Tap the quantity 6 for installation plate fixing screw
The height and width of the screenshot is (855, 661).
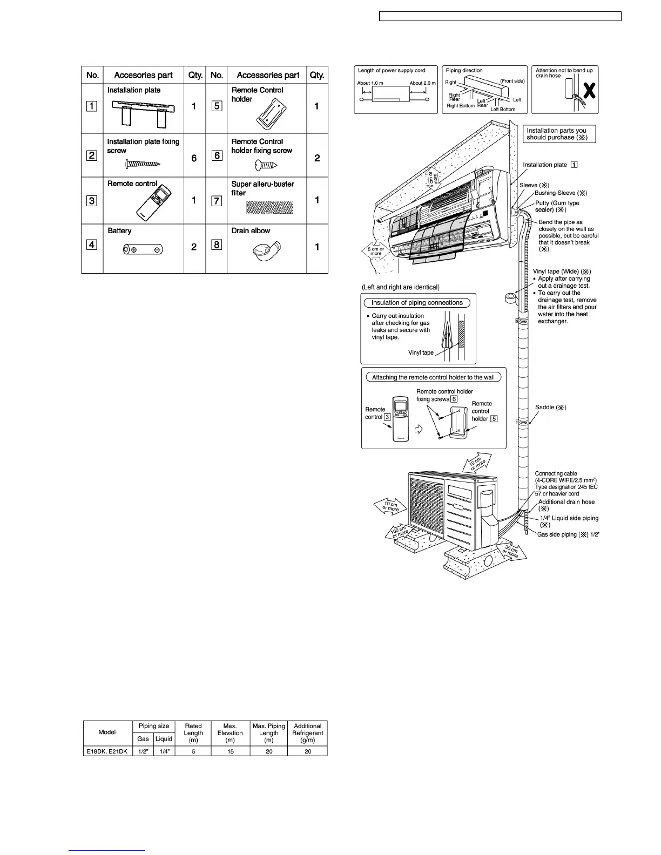[x=194, y=158]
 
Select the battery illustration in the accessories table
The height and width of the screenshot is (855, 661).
[x=143, y=249]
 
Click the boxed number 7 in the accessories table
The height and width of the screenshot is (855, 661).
[x=217, y=201]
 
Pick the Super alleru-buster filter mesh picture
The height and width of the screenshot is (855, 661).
[x=269, y=207]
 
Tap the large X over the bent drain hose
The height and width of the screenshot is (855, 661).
[x=590, y=92]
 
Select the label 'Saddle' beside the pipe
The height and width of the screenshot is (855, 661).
[x=550, y=408]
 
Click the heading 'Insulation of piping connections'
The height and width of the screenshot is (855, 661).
[x=417, y=303]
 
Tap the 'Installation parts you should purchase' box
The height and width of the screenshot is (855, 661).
[x=561, y=134]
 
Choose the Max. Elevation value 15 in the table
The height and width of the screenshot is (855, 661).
[x=231, y=751]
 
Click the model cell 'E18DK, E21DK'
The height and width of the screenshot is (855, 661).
[x=107, y=751]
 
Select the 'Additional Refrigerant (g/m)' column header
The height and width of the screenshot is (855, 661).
[x=307, y=733]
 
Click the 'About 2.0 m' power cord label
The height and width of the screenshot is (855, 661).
[x=422, y=83]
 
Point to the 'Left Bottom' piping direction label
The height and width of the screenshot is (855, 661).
[x=502, y=109]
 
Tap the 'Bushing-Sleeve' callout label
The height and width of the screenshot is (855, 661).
[x=561, y=193]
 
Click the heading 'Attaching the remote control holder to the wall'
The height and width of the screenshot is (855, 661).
[x=433, y=377]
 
